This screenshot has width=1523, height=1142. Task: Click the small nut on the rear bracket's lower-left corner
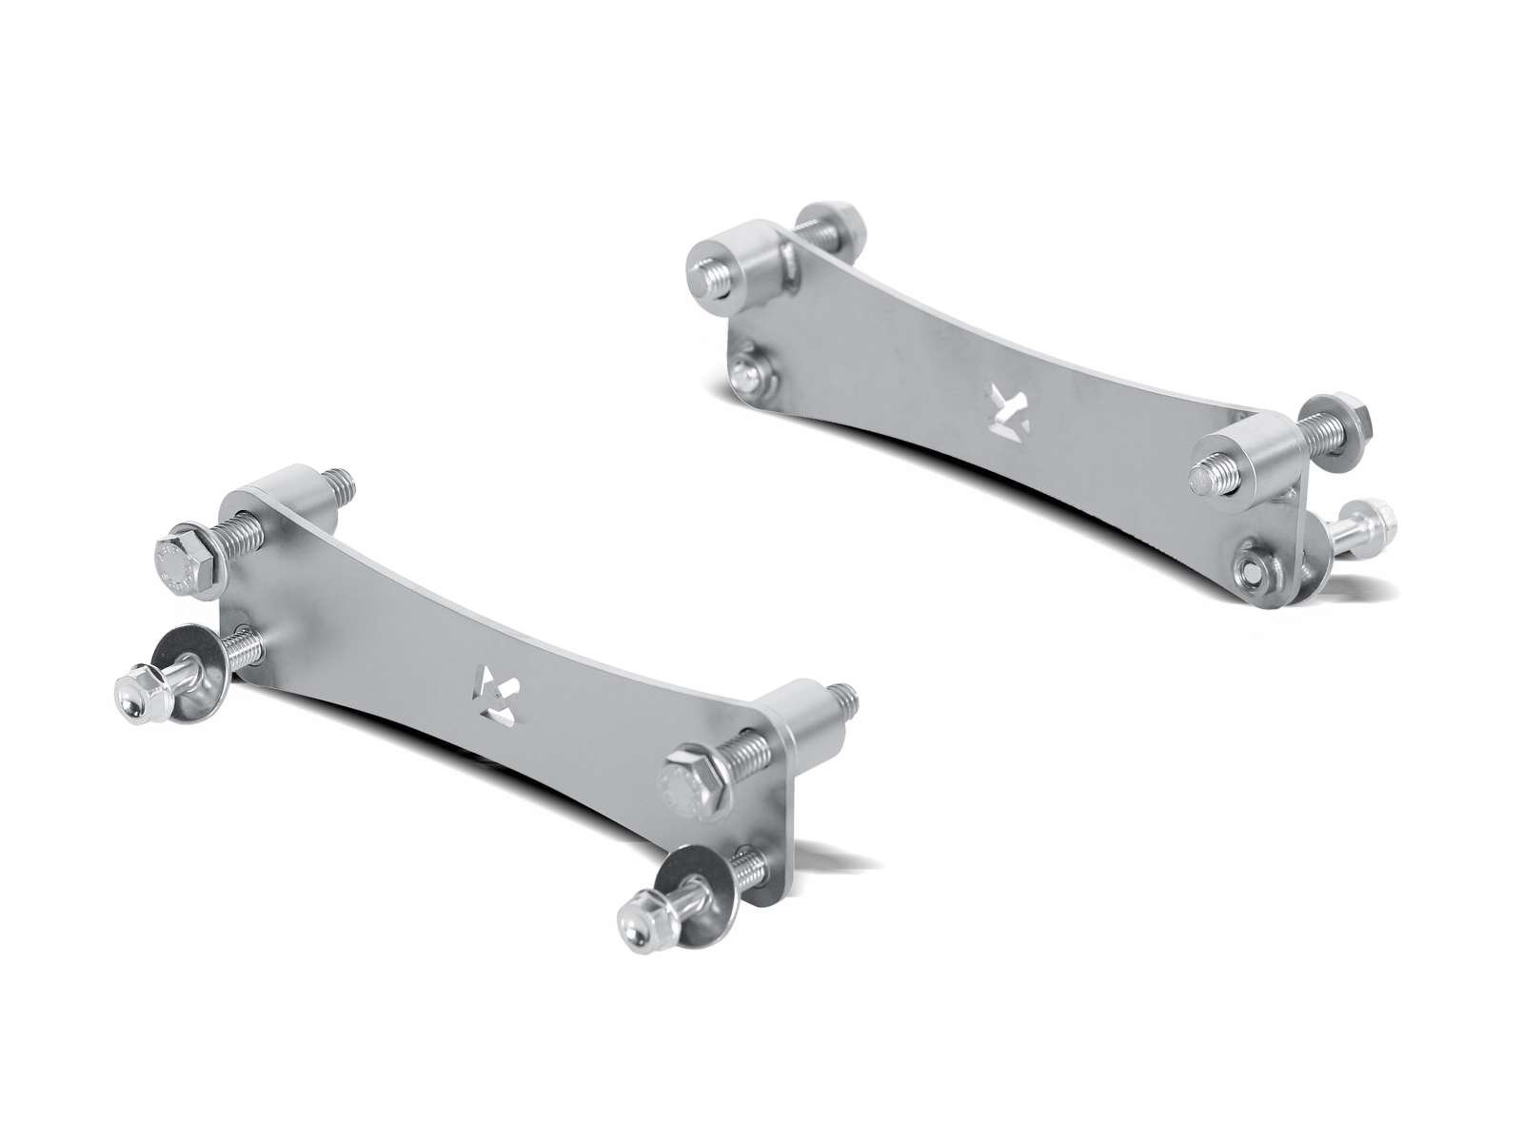click(751, 372)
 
